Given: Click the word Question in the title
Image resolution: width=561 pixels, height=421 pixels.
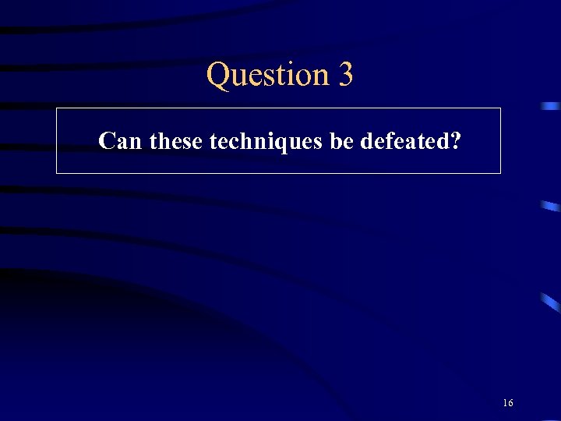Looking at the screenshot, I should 268,76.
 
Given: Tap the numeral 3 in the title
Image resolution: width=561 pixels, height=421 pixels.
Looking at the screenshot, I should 346,75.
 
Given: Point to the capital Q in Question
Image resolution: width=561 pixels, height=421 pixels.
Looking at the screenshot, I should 219,75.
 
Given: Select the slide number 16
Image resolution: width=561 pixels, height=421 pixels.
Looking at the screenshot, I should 508,403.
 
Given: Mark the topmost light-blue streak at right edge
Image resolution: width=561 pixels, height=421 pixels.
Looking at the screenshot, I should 552,105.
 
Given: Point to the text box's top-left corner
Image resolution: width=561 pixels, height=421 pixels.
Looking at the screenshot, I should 57,108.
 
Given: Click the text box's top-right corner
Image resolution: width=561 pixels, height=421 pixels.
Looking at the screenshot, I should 500,108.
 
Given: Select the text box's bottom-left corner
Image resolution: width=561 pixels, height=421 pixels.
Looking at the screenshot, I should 57,173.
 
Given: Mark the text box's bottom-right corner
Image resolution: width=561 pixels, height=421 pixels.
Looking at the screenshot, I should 500,173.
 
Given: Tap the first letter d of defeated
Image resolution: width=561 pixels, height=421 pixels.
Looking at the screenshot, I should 367,141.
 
